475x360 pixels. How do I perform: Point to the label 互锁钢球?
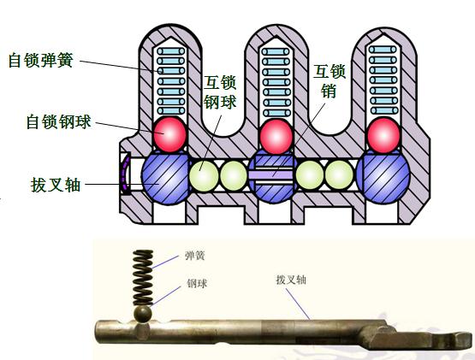click(x=220, y=93)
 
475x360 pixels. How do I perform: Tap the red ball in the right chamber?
click(x=383, y=135)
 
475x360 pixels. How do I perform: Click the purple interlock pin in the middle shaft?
click(x=273, y=176)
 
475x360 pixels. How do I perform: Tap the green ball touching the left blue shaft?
click(x=205, y=176)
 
